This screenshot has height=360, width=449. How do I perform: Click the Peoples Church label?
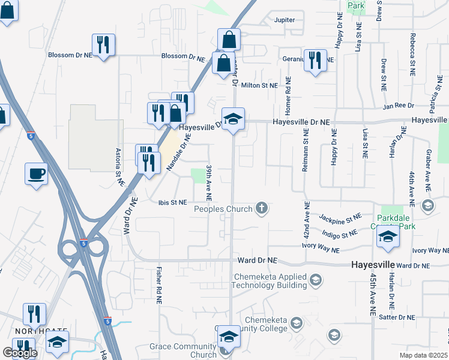[x=221, y=209]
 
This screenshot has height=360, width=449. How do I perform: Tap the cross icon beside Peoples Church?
[x=261, y=208]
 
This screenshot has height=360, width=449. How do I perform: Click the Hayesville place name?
[x=372, y=265]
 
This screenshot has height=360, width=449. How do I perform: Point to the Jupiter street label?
[x=285, y=20]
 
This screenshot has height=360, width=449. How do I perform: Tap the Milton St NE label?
[x=259, y=86]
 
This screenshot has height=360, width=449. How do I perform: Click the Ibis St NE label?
[x=173, y=202]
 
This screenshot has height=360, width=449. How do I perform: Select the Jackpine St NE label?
[x=340, y=217]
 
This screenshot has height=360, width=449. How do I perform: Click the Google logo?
[x=20, y=353]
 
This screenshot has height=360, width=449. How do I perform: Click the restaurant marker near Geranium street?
[x=315, y=61]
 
